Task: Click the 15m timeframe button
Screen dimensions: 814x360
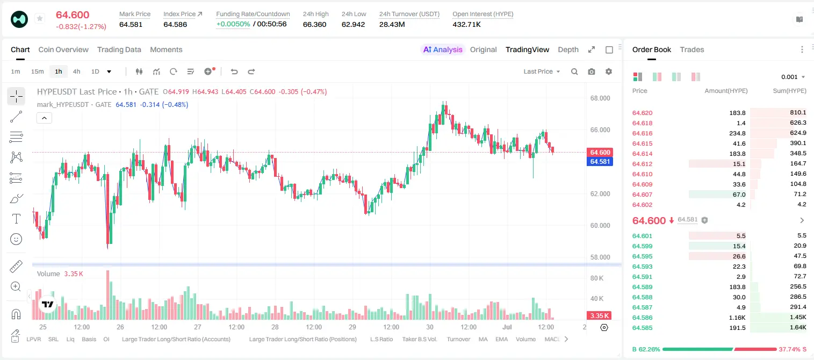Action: point(38,71)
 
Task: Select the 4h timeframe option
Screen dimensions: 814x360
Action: point(76,71)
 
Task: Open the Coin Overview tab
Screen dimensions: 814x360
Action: point(63,49)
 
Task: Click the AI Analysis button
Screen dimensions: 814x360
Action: point(443,49)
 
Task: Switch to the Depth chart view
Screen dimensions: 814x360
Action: point(568,49)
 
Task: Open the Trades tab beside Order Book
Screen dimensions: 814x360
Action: point(692,49)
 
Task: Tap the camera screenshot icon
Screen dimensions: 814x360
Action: point(592,71)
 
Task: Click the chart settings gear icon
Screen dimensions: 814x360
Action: point(609,71)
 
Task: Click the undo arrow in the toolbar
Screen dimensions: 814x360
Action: point(234,71)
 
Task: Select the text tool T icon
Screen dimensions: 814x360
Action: point(16,219)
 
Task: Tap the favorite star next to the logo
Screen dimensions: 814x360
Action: point(40,18)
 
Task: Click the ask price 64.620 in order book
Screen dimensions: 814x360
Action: point(642,113)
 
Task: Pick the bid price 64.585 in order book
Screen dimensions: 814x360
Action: point(642,328)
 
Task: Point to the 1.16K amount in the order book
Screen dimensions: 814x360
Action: point(737,318)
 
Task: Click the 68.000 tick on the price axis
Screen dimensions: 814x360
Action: point(600,98)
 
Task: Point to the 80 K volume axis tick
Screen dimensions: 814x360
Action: point(597,278)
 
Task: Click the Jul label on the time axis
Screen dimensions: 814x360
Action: point(507,327)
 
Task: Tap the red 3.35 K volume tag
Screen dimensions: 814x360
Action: point(599,316)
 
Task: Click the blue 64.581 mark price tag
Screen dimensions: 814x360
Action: point(600,162)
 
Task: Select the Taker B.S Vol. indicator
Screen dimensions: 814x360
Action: point(419,339)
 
